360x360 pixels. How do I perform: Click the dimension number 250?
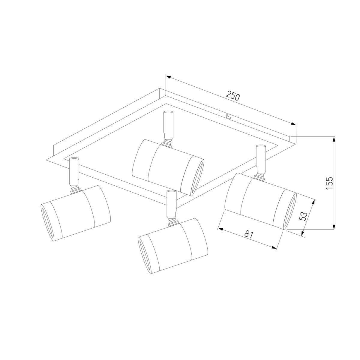pyautogui.click(x=232, y=96)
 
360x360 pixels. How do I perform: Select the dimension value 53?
pyautogui.click(x=303, y=217)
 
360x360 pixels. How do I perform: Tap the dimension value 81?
pyautogui.click(x=249, y=235)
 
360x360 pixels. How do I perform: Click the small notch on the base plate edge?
pyautogui.click(x=228, y=116)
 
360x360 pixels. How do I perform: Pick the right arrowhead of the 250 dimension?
pyautogui.click(x=293, y=124)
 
